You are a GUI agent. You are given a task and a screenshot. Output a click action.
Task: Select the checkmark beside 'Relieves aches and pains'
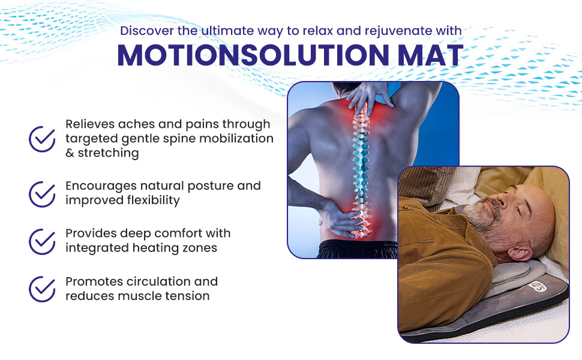point(42,139)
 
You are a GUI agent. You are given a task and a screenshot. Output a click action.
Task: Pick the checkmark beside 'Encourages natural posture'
point(42,193)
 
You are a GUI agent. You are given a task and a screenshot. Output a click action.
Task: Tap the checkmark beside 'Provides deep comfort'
point(42,241)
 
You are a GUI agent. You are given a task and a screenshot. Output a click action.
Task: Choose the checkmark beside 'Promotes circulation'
point(42,289)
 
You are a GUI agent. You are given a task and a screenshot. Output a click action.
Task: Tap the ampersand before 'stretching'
point(70,154)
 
